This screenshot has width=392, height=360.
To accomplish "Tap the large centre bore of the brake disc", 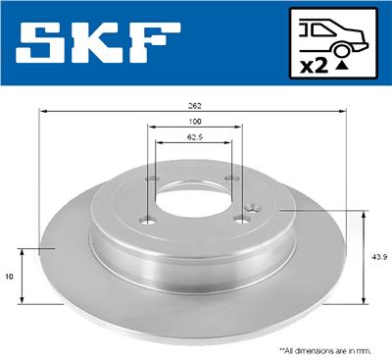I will click(x=193, y=201).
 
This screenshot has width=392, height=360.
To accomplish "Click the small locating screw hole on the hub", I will click(x=252, y=207).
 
